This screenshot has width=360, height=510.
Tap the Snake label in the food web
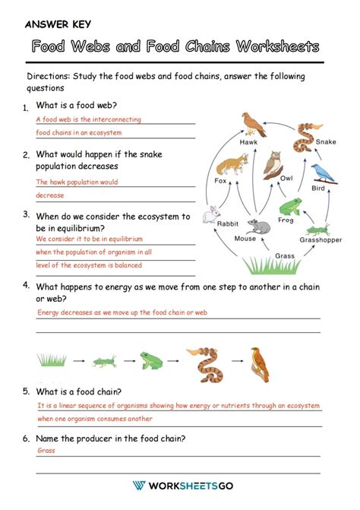(326, 142)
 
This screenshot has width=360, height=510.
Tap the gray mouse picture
(258, 226)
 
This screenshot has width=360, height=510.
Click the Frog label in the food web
(285, 220)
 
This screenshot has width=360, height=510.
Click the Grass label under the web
(285, 256)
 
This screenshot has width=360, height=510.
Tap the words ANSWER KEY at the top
(58, 24)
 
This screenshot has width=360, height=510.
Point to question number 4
(26, 285)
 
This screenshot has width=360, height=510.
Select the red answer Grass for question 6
(46, 450)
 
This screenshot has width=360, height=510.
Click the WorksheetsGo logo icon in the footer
(138, 486)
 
